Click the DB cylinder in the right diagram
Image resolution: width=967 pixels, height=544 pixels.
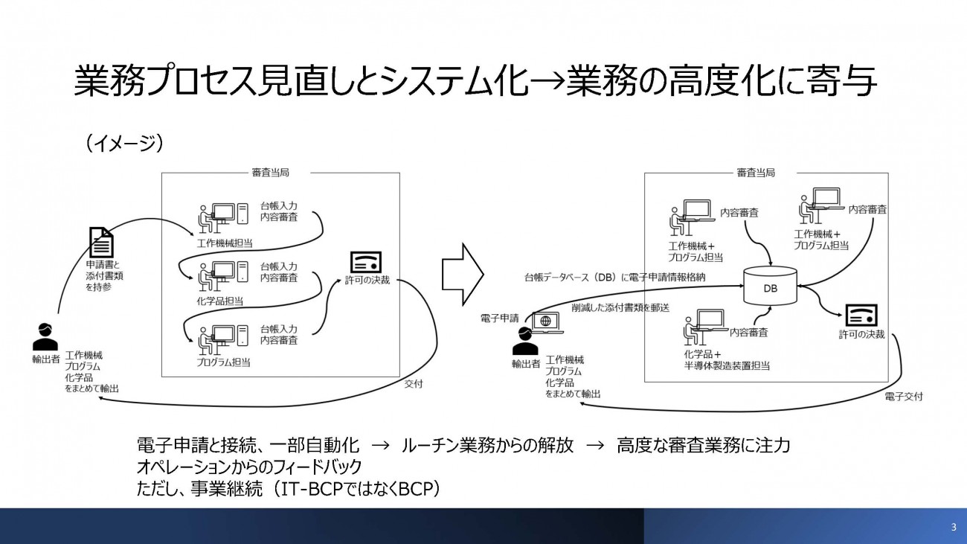click(x=770, y=287)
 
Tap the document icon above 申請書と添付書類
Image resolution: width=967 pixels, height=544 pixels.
click(x=101, y=243)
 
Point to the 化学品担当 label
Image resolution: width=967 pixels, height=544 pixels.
click(x=220, y=301)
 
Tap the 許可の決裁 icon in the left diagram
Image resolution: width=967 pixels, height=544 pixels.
click(x=365, y=262)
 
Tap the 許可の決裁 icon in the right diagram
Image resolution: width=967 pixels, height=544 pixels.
click(x=861, y=315)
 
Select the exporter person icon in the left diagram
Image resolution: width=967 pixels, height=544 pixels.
click(x=45, y=337)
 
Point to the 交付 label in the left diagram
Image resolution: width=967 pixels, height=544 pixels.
click(x=414, y=385)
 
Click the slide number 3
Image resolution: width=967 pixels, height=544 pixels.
click(x=954, y=528)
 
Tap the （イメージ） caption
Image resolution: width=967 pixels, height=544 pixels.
click(x=124, y=142)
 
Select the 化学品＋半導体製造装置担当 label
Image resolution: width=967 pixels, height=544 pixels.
click(x=727, y=359)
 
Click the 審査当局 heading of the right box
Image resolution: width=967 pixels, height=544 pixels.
click(x=755, y=173)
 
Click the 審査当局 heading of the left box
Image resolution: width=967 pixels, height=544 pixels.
click(x=270, y=173)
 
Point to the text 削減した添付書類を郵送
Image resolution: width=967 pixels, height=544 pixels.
click(x=620, y=307)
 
